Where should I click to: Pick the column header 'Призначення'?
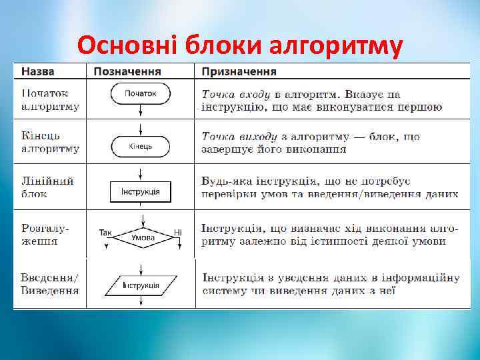(x=240, y=71)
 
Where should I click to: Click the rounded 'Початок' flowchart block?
(x=140, y=94)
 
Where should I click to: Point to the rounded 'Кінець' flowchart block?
(x=140, y=145)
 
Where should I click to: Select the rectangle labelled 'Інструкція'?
(x=140, y=192)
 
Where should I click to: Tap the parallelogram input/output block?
(x=140, y=285)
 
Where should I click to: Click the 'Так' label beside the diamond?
(x=105, y=233)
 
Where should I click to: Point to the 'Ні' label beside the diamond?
(x=177, y=233)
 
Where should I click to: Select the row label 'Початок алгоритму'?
(x=50, y=100)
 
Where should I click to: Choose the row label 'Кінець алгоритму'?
(x=50, y=143)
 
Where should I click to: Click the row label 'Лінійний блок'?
(x=47, y=187)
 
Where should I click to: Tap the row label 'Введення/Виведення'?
(x=50, y=284)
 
